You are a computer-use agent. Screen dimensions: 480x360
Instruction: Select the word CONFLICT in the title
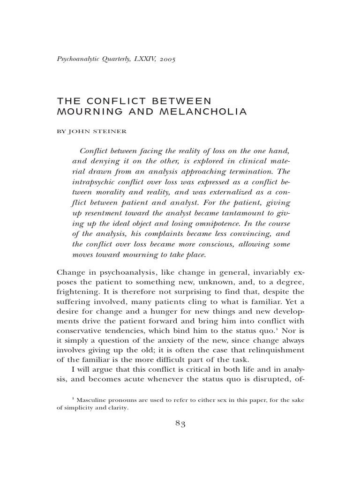coord(106,101)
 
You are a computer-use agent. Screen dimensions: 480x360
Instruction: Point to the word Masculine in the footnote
coord(94,399)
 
